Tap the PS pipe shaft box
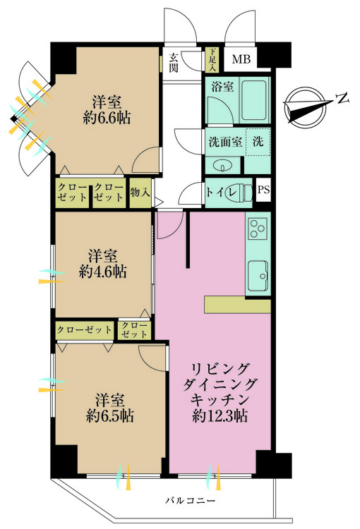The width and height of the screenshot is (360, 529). tap(263, 190)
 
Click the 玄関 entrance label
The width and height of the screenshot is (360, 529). tap(174, 63)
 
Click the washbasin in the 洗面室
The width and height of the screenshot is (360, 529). tap(223, 165)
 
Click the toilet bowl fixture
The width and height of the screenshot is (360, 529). tap(241, 191)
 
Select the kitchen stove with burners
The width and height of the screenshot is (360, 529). tap(258, 230)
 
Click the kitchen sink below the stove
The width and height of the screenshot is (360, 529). tap(258, 274)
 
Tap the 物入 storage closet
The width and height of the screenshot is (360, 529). tap(140, 192)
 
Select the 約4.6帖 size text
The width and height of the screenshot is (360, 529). tap(103, 270)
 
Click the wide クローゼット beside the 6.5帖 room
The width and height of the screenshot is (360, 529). tap(85, 329)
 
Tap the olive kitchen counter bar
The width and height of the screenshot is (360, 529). tap(238, 304)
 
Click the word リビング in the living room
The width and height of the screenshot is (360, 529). tap(220, 368)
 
